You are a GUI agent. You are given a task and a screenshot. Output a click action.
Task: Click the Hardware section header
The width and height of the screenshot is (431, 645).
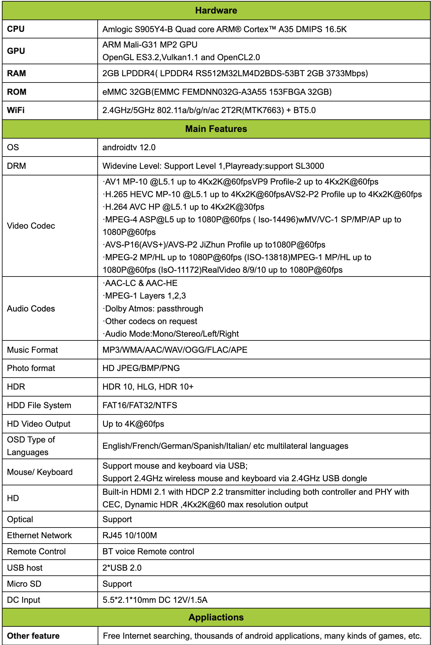pyautogui.click(x=216, y=10)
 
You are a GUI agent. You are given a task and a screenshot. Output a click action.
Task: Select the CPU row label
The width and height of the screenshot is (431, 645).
pyautogui.click(x=16, y=29)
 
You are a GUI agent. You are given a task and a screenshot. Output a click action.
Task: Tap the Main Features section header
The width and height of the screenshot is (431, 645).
pyautogui.click(x=216, y=129)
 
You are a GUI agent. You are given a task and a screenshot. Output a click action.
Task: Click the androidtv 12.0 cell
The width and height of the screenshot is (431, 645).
pyautogui.click(x=129, y=147)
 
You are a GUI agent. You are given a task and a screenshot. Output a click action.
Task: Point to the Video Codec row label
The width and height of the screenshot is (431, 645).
pyautogui.click(x=31, y=226)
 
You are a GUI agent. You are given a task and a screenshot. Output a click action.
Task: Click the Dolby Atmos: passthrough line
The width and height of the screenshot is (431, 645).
pyautogui.click(x=153, y=309)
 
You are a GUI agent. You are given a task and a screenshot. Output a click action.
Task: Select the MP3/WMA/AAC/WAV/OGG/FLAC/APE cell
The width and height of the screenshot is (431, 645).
pyautogui.click(x=175, y=350)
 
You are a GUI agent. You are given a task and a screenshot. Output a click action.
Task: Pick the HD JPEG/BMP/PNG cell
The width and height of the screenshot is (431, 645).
pyautogui.click(x=141, y=368)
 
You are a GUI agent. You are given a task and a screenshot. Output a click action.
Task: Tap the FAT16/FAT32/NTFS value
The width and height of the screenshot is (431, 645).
pyautogui.click(x=140, y=405)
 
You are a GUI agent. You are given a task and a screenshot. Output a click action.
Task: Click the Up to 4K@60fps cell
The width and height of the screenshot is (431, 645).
pyautogui.click(x=133, y=424)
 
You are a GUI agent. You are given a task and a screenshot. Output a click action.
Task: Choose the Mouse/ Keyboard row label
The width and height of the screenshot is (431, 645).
pyautogui.click(x=40, y=472)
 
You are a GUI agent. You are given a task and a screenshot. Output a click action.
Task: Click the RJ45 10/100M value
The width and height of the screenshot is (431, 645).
pyautogui.click(x=130, y=535)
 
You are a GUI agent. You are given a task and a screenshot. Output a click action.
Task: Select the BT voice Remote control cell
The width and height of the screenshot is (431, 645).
pyautogui.click(x=148, y=551)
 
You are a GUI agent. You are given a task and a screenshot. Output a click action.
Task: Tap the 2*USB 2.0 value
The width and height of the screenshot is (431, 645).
pyautogui.click(x=122, y=568)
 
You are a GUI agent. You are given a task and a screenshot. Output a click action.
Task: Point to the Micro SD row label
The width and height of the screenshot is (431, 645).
pyautogui.click(x=24, y=584)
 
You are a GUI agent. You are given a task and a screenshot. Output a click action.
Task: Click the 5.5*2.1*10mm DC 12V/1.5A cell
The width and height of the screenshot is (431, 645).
pyautogui.click(x=155, y=600)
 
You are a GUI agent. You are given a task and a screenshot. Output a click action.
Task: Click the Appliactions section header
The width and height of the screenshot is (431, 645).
pyautogui.click(x=216, y=617)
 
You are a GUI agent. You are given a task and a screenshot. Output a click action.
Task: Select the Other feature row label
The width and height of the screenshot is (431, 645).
pyautogui.click(x=33, y=636)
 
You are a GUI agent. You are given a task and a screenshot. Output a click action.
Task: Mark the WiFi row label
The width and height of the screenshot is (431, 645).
pyautogui.click(x=16, y=110)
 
